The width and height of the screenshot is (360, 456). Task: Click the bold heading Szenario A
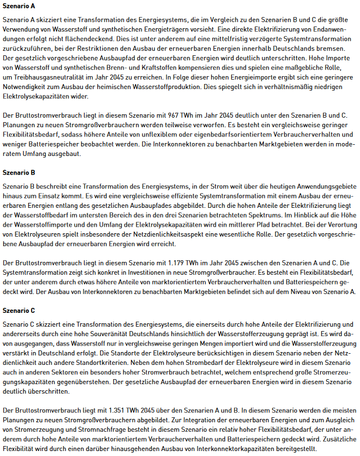pos(19,6)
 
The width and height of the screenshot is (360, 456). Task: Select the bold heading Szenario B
pos(19,172)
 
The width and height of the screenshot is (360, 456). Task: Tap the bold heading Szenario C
pos(19,310)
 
